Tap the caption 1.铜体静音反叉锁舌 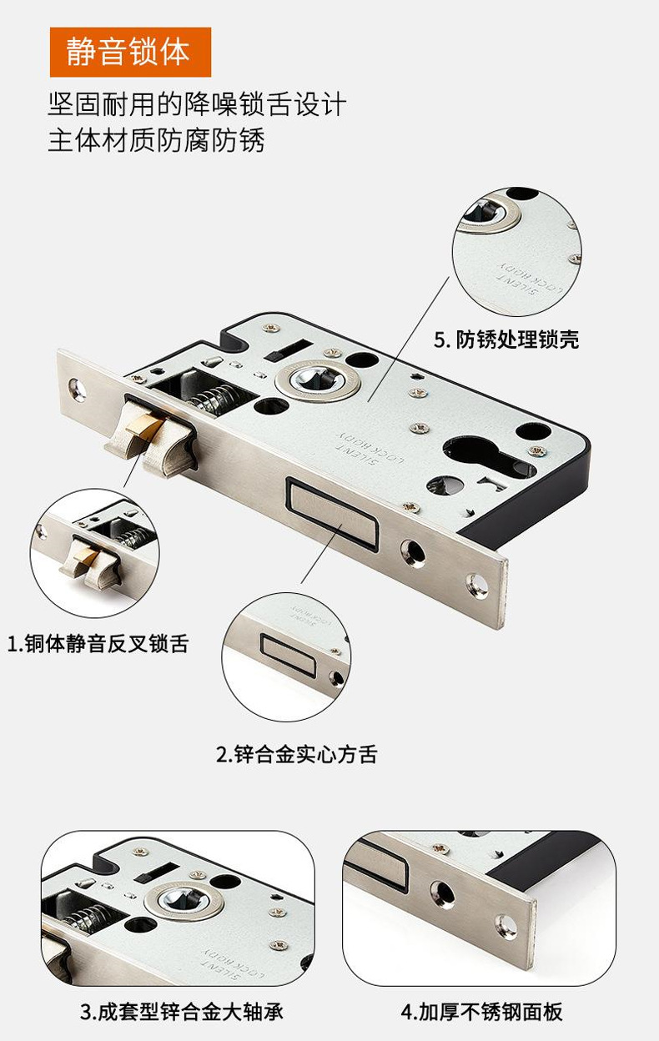coord(98,644)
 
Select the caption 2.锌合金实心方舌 coord(296,755)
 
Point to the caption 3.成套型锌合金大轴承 coord(181,1013)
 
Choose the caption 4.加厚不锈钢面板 coord(481,1013)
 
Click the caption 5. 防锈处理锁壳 coord(506,339)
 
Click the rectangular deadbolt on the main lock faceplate coord(332,510)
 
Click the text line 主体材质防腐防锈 coord(156,139)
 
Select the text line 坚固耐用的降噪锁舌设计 coord(196,105)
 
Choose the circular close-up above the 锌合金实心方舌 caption coord(286,656)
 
